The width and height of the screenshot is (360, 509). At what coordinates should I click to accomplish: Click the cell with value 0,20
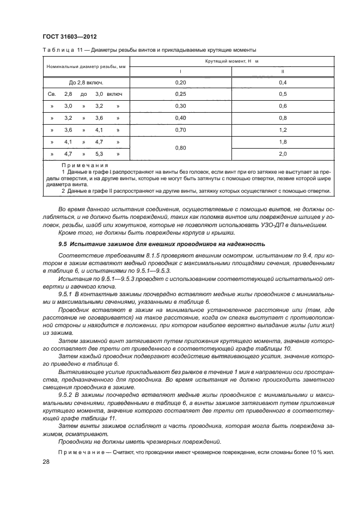pyautogui.click(x=180, y=82)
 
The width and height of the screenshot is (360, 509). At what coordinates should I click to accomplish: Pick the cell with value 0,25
pyautogui.click(x=180, y=94)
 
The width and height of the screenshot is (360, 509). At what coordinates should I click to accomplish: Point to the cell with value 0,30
pyautogui.click(x=180, y=106)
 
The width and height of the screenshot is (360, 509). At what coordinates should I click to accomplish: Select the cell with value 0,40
pyautogui.click(x=180, y=118)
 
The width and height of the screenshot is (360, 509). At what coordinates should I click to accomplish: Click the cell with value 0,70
pyautogui.click(x=180, y=130)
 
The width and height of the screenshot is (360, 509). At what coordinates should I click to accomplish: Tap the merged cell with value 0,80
pyautogui.click(x=180, y=148)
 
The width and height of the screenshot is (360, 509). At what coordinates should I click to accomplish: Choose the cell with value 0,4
pyautogui.click(x=282, y=82)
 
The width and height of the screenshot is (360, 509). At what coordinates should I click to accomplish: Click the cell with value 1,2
pyautogui.click(x=282, y=130)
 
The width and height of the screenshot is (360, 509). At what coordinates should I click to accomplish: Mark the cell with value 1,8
pyautogui.click(x=282, y=142)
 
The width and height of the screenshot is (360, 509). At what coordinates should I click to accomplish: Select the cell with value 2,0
pyautogui.click(x=282, y=154)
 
